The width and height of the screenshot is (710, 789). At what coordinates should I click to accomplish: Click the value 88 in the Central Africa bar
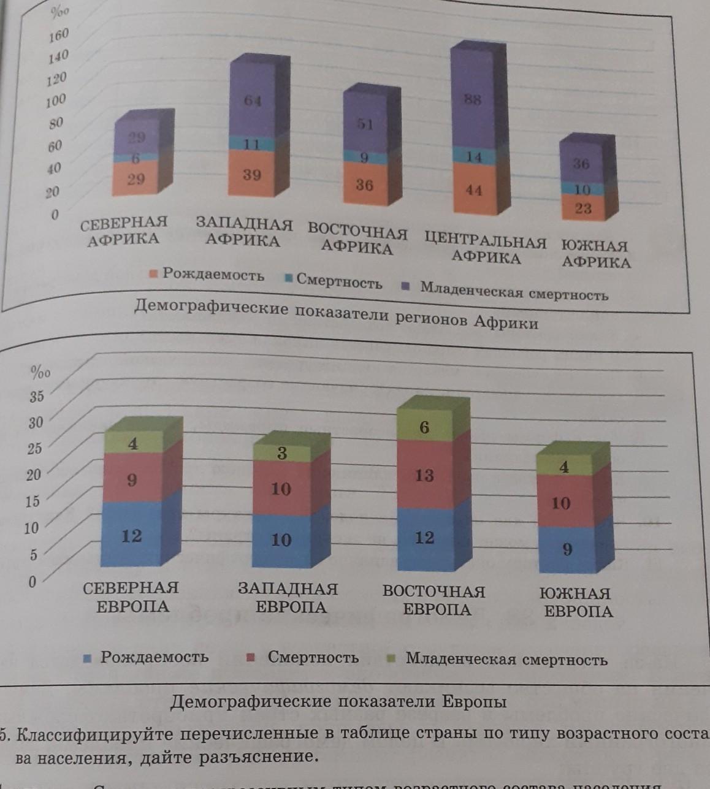click(472, 99)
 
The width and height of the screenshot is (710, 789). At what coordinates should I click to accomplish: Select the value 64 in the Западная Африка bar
click(253, 101)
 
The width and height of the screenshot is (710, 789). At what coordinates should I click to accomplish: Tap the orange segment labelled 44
click(474, 190)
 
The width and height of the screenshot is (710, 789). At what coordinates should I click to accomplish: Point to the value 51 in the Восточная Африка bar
click(365, 124)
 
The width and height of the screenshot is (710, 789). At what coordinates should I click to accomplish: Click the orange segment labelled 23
click(583, 208)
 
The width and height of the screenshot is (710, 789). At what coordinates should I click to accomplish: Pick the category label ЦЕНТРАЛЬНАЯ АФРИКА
click(486, 249)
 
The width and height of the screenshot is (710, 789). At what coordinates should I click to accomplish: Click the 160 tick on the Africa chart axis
click(59, 34)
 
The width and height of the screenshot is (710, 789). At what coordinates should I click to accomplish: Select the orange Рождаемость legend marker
click(154, 274)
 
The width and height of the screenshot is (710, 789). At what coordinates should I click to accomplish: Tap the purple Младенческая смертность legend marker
click(405, 286)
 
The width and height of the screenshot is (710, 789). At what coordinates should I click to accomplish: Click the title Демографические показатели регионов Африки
click(336, 314)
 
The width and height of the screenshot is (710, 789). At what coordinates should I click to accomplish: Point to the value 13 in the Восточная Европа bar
click(424, 475)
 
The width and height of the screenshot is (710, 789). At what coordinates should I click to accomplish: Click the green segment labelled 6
click(424, 427)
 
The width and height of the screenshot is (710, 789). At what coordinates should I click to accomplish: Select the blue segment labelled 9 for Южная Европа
click(567, 549)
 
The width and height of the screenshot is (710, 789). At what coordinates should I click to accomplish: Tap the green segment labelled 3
click(282, 453)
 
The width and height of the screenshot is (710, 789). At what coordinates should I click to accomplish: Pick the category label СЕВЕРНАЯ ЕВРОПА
click(131, 597)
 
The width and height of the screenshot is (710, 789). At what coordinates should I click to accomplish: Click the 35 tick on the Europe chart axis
click(37, 396)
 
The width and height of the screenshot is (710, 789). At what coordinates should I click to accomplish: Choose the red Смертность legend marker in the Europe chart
click(250, 658)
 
